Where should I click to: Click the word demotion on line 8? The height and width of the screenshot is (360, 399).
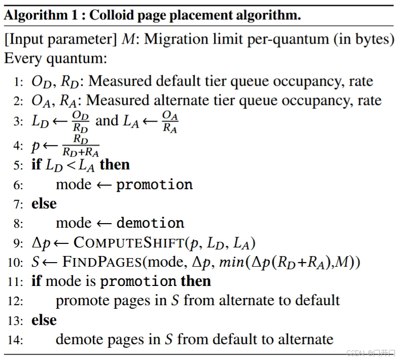[151, 223]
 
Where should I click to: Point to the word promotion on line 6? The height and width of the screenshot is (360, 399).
[155, 184]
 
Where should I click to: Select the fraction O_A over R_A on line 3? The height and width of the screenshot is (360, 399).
[169, 122]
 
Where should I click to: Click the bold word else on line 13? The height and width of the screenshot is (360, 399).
[44, 320]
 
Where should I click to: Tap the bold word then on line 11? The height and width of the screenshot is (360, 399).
[196, 281]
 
